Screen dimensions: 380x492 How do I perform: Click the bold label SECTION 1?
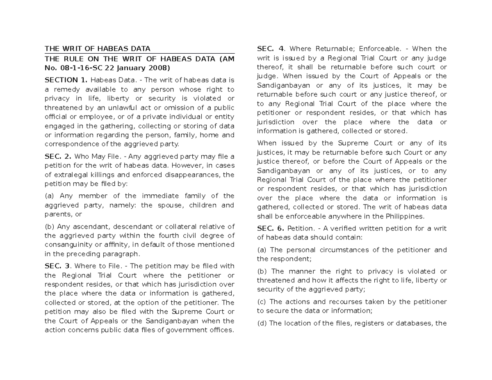click(66, 80)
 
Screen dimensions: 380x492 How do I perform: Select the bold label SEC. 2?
click(58, 156)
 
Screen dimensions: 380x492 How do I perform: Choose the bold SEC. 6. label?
click(271, 228)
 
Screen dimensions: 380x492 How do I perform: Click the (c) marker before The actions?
click(261, 302)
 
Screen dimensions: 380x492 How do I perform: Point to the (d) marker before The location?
click(262, 323)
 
